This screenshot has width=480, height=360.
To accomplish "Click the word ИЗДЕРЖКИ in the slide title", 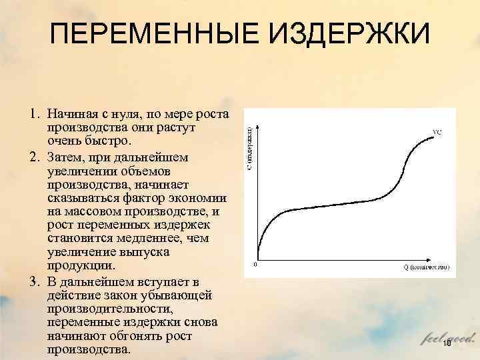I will pyautogui.click(x=346, y=35).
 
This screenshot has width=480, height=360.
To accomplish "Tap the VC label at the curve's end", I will pyautogui.click(x=437, y=132).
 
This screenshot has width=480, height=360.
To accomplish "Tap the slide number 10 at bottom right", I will pyautogui.click(x=447, y=343).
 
